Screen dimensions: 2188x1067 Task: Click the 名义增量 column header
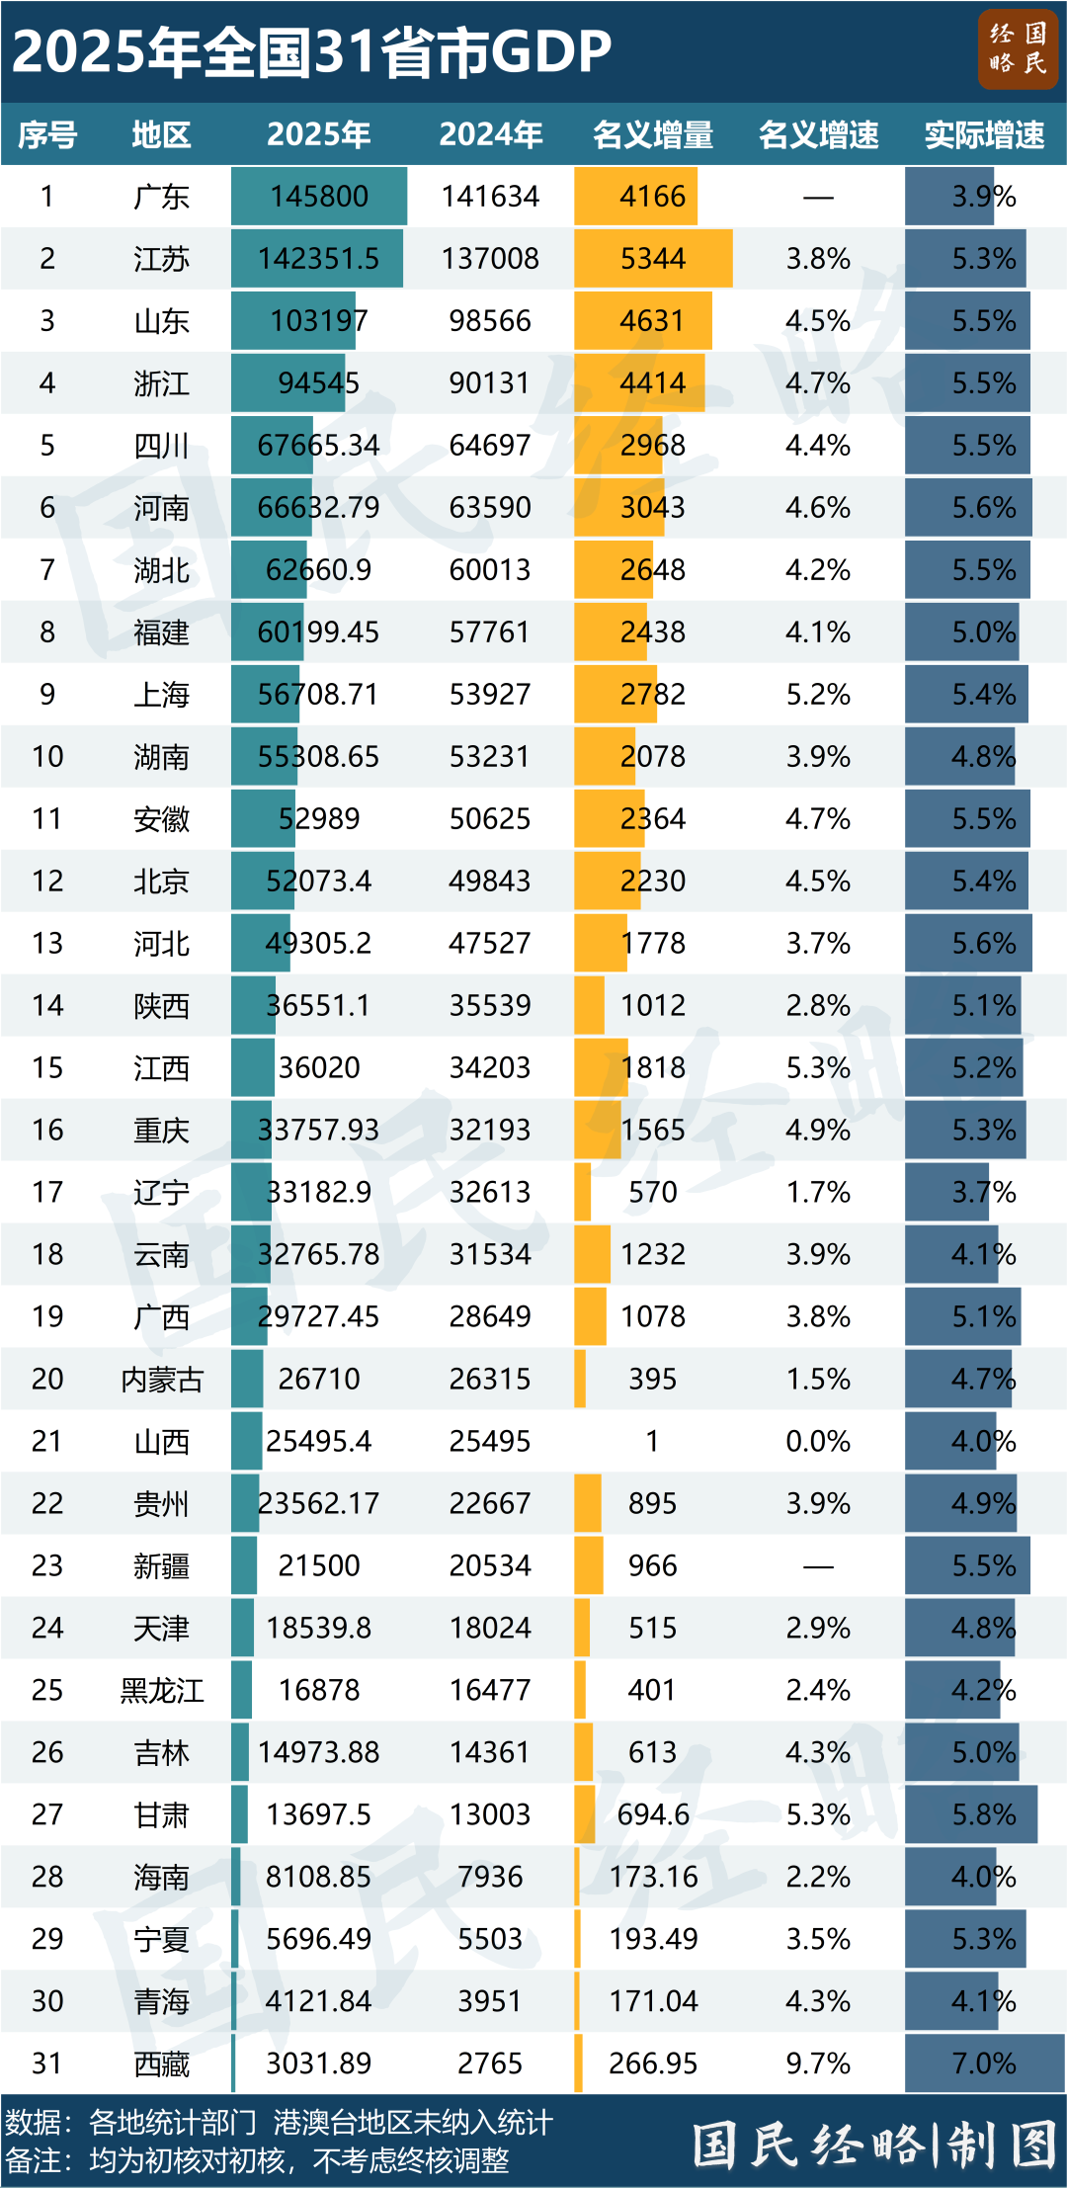pos(652,134)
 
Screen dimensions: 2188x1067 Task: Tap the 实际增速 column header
pos(984,134)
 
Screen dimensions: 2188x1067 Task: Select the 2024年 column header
pos(490,134)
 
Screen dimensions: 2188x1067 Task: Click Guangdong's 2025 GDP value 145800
pos(319,197)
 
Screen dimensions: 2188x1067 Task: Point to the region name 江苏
pos(161,259)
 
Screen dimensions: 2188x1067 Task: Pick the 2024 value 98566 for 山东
pos(490,321)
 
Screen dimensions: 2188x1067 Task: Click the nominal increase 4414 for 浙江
pos(652,383)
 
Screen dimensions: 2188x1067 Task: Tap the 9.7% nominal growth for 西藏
pos(818,2063)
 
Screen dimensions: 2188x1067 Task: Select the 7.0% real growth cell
pos(984,2063)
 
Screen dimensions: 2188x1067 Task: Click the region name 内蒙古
pos(161,1379)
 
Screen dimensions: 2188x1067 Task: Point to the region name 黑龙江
pos(161,1690)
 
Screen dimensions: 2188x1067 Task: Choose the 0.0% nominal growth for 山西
pos(818,1441)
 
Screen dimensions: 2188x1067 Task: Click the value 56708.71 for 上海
pos(318,695)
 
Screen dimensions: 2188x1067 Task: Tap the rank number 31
pos(46,2063)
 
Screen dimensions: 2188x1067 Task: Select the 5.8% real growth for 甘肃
pos(984,1814)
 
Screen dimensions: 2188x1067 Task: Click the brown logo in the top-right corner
pos(1018,49)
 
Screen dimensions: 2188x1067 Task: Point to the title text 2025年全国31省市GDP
pos(311,51)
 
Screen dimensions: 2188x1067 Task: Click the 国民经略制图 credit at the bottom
pos(874,2146)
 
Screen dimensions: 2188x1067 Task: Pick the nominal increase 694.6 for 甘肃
pos(652,1814)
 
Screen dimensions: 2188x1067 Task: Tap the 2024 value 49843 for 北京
pos(490,881)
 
